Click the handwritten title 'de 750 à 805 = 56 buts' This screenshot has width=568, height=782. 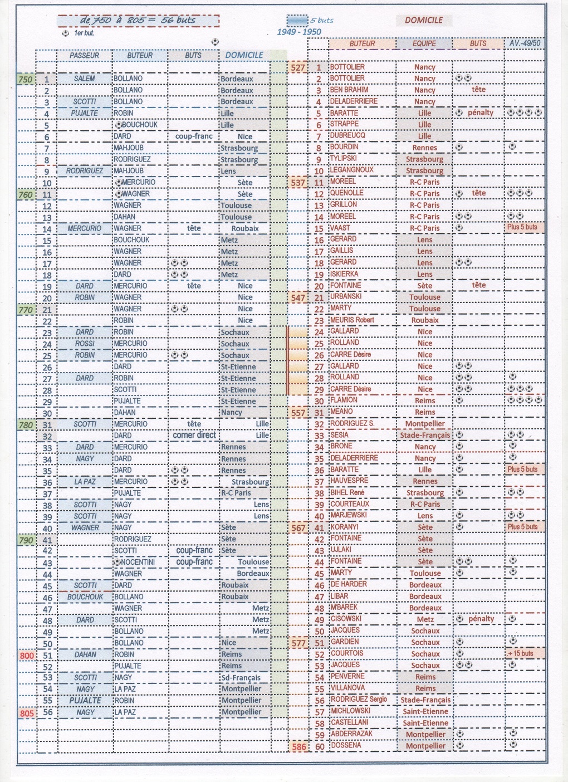138,20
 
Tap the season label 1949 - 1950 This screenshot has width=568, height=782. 299,32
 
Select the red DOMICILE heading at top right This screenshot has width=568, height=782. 424,20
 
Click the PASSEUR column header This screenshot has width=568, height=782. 85,55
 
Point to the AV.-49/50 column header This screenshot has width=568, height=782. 525,43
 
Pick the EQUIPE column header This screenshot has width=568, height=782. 424,43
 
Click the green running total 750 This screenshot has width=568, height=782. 26,79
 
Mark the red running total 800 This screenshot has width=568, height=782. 27,656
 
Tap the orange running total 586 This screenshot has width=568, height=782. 299,746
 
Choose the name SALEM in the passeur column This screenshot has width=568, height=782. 85,79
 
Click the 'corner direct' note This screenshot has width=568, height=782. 194,435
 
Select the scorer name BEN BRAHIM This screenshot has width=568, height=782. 349,90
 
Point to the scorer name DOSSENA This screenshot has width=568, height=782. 346,745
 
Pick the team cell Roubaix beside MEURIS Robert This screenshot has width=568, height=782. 425,320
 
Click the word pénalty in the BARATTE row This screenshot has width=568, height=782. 480,113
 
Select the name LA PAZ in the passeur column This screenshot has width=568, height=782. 85,481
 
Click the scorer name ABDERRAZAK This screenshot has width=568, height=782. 351,734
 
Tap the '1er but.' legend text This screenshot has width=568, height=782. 84,33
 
